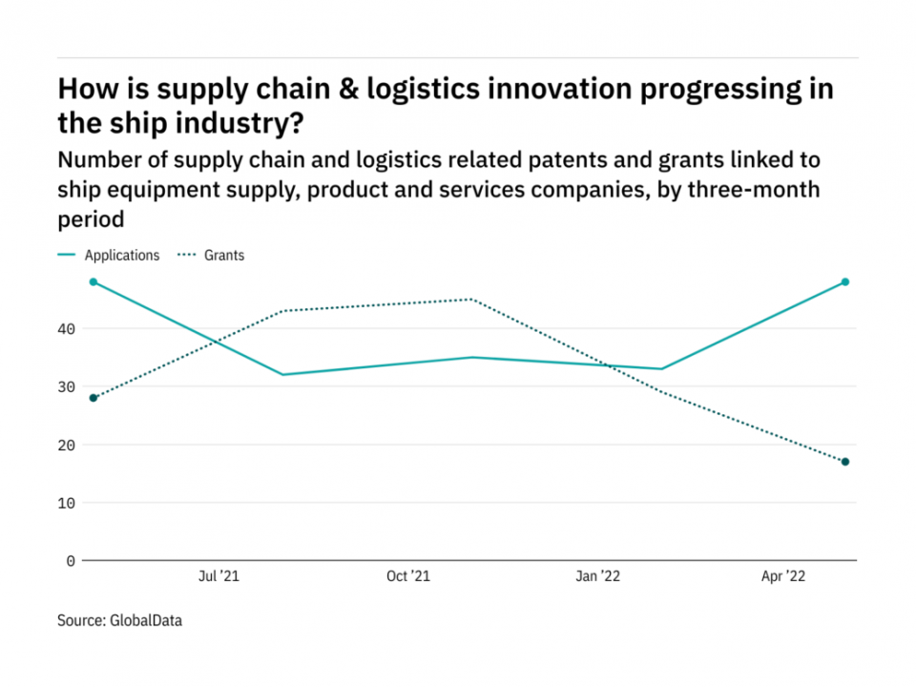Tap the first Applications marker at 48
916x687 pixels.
coord(94,282)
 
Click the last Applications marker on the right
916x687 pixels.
coord(845,282)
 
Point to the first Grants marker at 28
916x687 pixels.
coord(94,398)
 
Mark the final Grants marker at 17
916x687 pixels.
coord(845,462)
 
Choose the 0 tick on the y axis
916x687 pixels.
coord(71,561)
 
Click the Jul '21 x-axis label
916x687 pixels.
coord(219,576)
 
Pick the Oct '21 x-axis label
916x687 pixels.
coord(407,576)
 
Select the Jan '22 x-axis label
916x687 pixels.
coord(597,576)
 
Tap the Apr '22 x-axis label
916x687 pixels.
coord(784,576)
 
